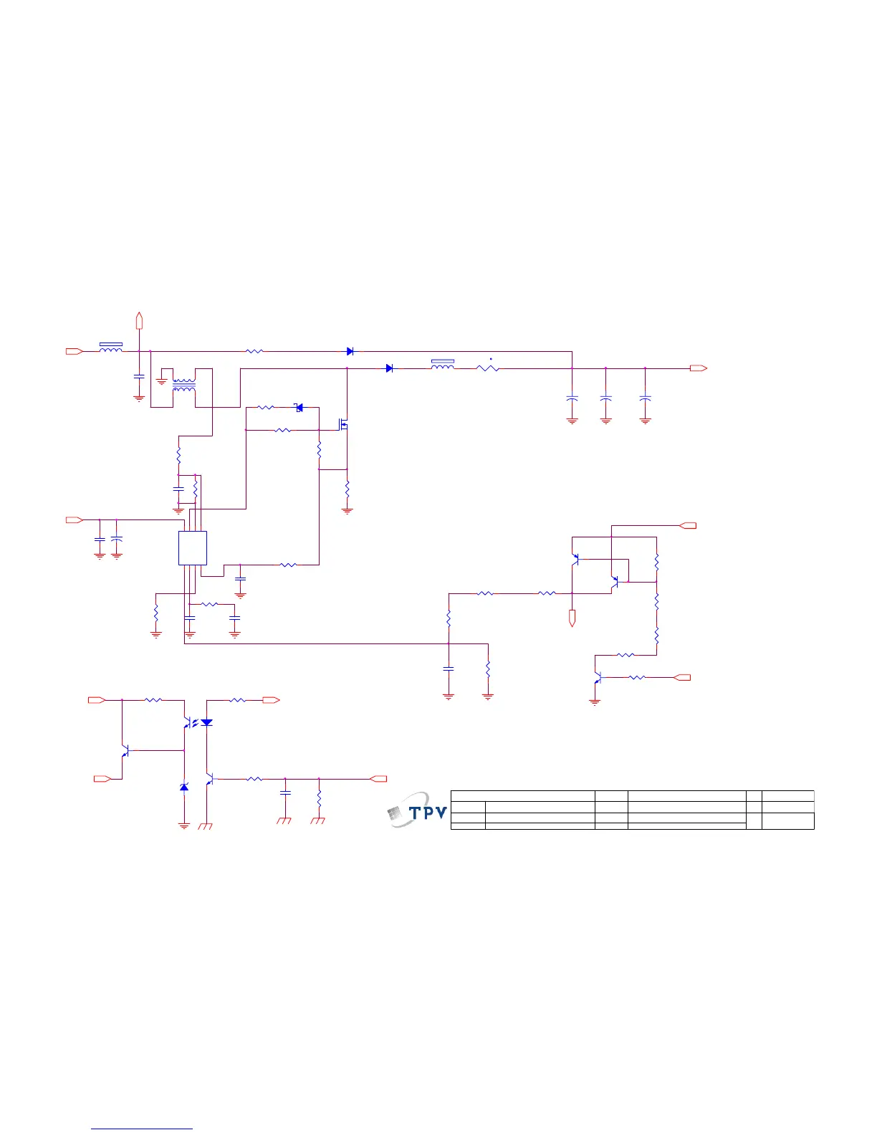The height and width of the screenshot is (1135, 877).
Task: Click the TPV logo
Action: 418,811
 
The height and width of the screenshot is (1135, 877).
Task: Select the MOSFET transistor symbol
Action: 344,425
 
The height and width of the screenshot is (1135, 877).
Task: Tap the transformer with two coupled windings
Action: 184,385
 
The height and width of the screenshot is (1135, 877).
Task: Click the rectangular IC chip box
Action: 193,548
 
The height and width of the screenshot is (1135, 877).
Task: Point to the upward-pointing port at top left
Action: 140,320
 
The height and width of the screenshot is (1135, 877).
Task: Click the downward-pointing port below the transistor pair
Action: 572,618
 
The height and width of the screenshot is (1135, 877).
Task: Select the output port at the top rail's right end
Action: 699,368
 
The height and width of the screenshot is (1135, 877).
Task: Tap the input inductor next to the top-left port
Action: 110,350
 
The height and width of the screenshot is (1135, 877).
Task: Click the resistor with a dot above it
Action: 487,368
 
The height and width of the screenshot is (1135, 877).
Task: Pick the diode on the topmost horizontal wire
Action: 350,351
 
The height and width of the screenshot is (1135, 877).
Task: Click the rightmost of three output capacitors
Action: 645,397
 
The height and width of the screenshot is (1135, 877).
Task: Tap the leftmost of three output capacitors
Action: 572,397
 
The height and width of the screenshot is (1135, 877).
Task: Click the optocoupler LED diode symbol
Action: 206,722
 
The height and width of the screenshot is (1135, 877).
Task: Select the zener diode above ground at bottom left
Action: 184,787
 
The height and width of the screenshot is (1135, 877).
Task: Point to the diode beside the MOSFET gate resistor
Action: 299,408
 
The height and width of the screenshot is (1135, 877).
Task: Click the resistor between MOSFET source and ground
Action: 348,489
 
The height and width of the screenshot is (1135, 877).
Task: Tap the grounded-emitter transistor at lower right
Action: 596,677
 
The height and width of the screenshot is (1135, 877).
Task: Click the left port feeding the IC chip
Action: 74,519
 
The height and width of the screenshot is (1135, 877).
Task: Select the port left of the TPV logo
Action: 378,778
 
